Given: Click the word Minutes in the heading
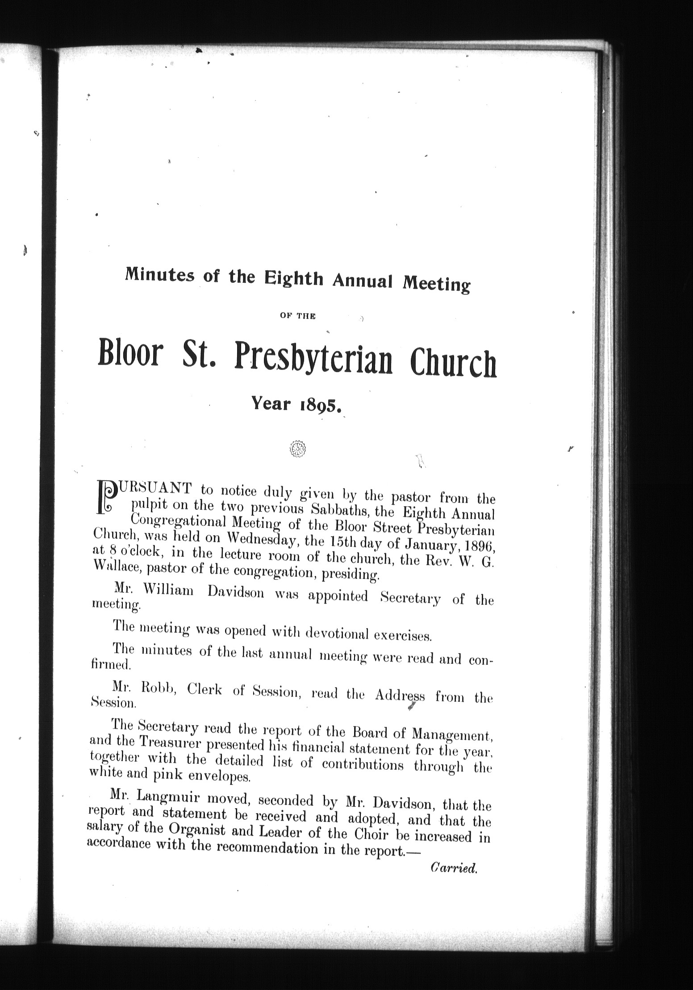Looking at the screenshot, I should (x=160, y=276).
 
